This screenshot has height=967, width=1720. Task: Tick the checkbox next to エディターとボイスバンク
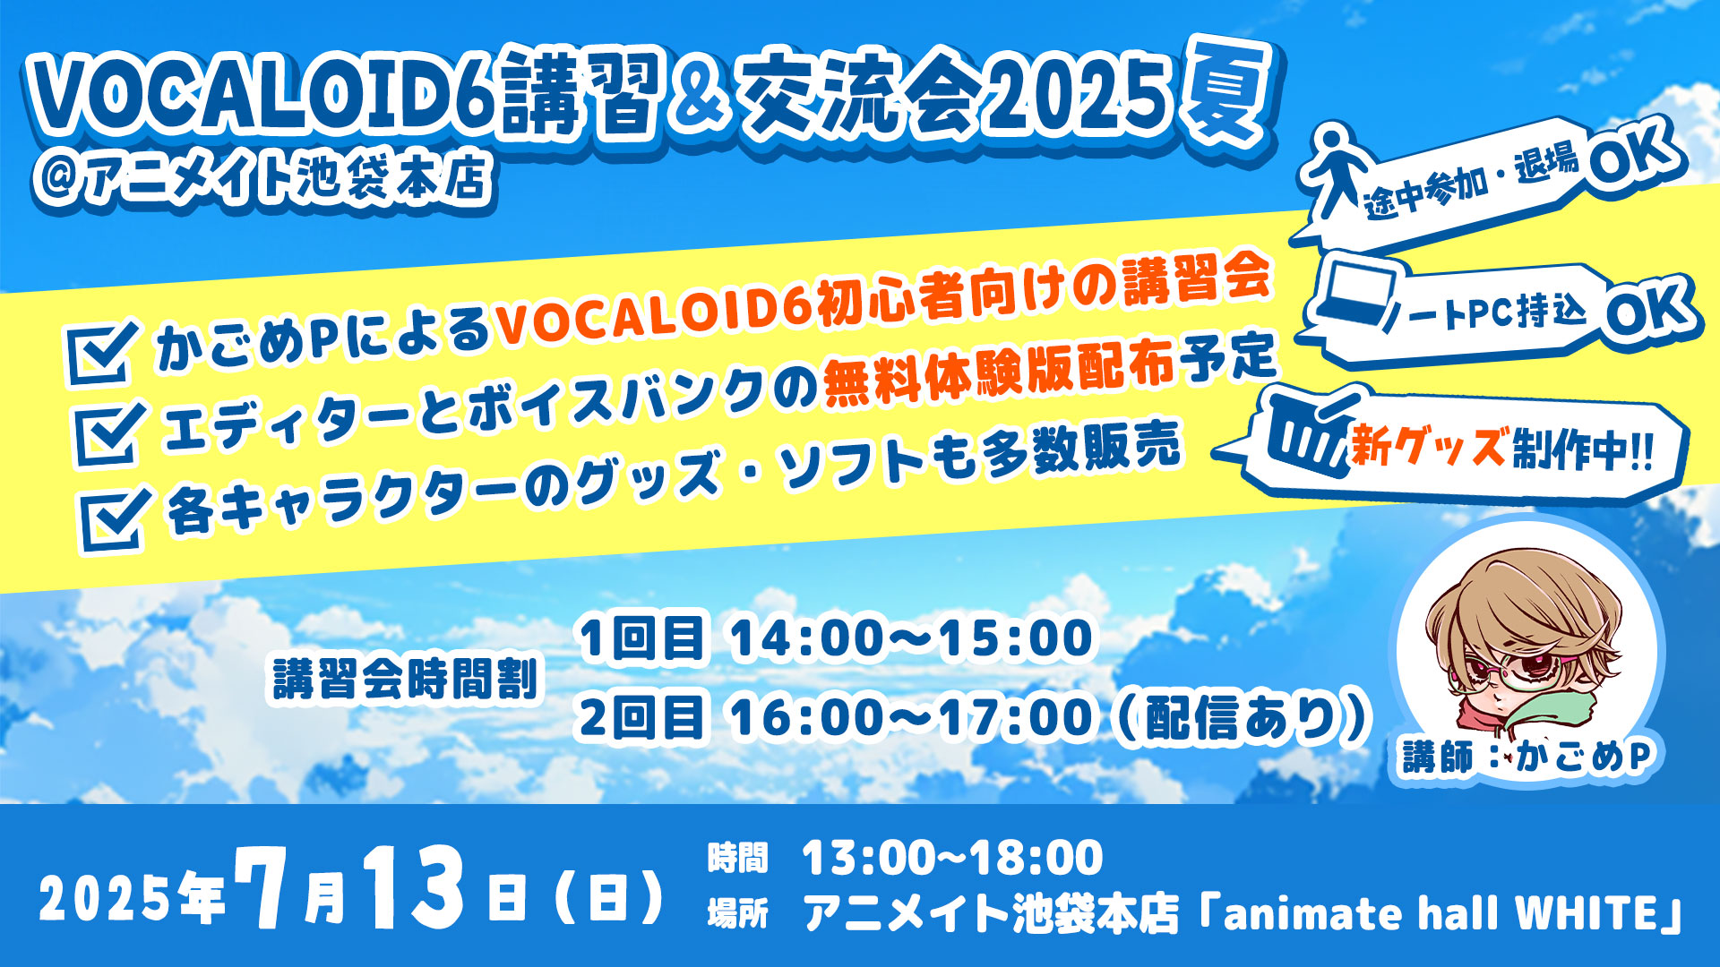point(110,433)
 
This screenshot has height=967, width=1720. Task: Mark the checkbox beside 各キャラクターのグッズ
point(116,518)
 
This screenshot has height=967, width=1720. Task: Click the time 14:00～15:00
point(911,638)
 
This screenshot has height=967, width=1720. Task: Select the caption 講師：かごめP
point(1526,757)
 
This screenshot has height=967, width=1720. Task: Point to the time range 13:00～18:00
point(953,858)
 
